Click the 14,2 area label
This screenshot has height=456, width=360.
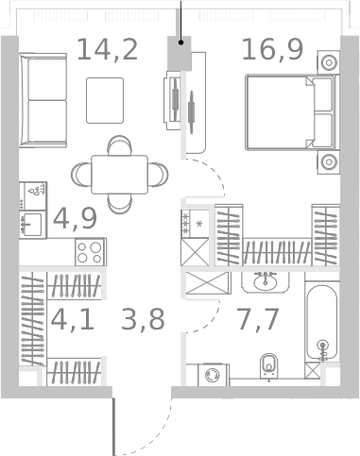pos(107,49)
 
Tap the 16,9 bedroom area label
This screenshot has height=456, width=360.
pos(272,49)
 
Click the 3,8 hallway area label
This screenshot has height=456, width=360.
pos(143,319)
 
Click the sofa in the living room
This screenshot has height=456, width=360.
pos(41,98)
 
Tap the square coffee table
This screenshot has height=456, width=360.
pos(105,100)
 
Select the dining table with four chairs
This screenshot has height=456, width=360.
pos(119,174)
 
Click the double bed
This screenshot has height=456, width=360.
pos(290,113)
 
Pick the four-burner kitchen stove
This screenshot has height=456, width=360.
pos(91,252)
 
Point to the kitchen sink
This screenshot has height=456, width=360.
pos(31,224)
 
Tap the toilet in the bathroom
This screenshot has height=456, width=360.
pos(269,363)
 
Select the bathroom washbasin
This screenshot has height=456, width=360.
pos(264,280)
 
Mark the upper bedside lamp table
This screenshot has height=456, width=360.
pos(329,63)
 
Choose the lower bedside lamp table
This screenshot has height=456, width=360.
pos(329,161)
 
